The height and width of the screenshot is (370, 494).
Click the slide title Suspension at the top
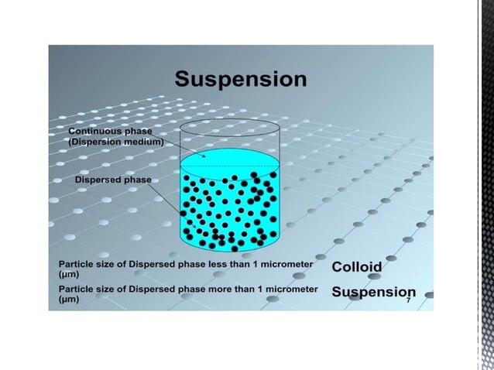coord(240,80)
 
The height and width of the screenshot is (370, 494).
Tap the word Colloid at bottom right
coord(357,267)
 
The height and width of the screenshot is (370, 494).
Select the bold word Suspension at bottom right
coord(373,293)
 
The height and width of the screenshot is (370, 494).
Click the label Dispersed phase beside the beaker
coord(112,180)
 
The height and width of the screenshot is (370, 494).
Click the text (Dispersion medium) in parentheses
coord(116,142)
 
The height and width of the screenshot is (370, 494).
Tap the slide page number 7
coord(409,300)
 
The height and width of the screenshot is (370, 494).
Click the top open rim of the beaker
coord(229,125)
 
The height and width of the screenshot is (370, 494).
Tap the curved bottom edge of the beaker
coord(229,250)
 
